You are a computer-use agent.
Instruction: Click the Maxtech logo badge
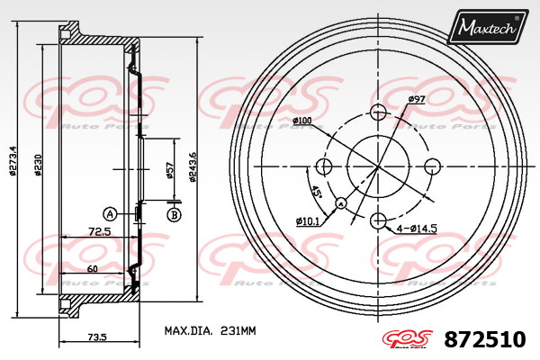point(487,26)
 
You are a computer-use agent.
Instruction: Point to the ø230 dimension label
point(38,164)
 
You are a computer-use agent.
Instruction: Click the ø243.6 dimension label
point(193,166)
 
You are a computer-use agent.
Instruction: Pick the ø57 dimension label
point(169,170)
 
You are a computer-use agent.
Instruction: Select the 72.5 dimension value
point(100,232)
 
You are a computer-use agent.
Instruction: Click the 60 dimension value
point(92,268)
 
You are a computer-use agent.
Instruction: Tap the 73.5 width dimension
point(97,337)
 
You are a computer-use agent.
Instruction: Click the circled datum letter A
point(110,214)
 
